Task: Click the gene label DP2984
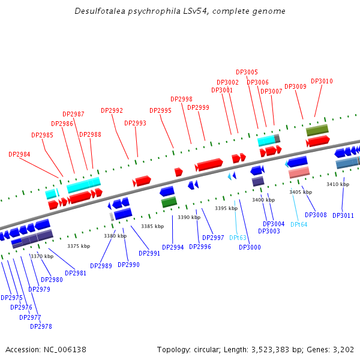(x=19, y=154)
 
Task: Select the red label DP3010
(x=322, y=81)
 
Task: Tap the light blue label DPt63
(x=238, y=238)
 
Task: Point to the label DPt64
(x=299, y=224)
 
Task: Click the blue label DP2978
(x=41, y=326)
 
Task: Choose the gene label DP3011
(x=343, y=215)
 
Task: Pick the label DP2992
(x=112, y=110)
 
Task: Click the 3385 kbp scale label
(x=152, y=226)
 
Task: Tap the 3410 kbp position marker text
(x=337, y=184)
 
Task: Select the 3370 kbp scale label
(x=41, y=256)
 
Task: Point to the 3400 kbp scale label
(x=263, y=200)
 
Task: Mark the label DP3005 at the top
(x=247, y=72)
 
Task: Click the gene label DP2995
(x=160, y=110)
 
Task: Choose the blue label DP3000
(x=250, y=247)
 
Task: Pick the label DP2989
(x=101, y=266)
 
